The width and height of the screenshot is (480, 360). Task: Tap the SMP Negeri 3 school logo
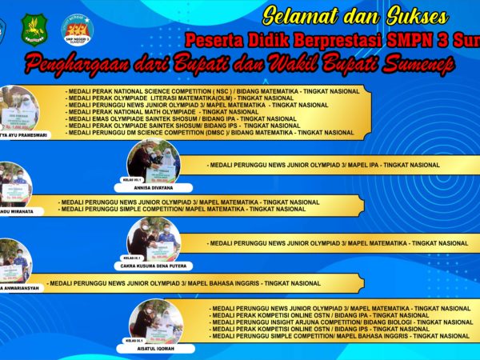pos(78,30)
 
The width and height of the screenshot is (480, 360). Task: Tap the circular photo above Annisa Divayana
pos(154,161)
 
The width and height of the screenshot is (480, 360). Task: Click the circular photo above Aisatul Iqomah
pos(154,320)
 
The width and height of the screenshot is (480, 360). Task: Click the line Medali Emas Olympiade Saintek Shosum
pos(182,118)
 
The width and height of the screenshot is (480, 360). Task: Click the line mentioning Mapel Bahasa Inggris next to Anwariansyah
pos(184,283)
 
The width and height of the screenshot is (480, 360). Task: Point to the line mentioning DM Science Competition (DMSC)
pos(211,132)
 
